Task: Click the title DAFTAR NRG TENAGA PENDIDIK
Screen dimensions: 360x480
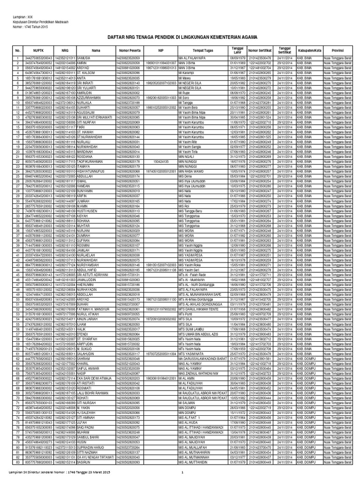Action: pos(180,35)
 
